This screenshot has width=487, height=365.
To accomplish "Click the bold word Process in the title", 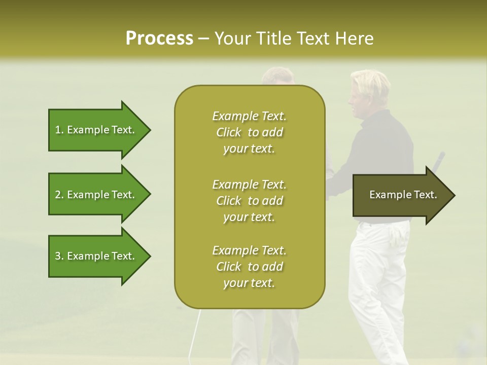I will [x=159, y=39].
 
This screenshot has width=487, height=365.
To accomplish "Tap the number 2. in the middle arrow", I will [x=59, y=195].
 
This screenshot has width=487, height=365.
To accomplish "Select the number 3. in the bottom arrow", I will [x=59, y=256].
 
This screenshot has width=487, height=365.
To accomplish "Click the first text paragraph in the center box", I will [x=249, y=132].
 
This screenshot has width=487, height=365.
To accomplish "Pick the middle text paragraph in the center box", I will [x=249, y=201].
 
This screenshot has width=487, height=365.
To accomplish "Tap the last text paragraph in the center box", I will [x=249, y=267].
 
